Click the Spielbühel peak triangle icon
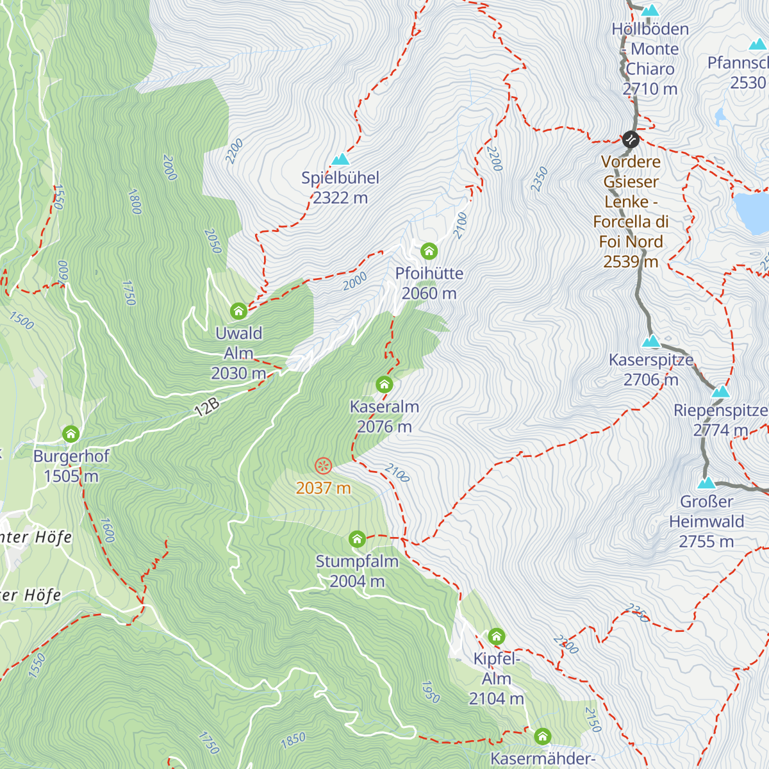[340, 159]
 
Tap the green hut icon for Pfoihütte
[429, 251]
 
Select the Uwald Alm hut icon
[238, 311]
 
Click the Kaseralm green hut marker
[384, 384]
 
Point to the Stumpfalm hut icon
[357, 539]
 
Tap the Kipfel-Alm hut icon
[497, 636]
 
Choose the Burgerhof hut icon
[71, 434]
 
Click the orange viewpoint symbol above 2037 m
[324, 466]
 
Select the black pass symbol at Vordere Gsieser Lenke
[631, 139]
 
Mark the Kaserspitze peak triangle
[651, 341]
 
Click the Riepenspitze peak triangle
[721, 391]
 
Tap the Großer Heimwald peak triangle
[706, 483]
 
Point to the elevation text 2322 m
[340, 198]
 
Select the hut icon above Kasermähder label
[543, 736]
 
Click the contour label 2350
[540, 179]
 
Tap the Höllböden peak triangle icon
[650, 10]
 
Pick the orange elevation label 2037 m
[324, 488]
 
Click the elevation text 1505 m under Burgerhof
[71, 476]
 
